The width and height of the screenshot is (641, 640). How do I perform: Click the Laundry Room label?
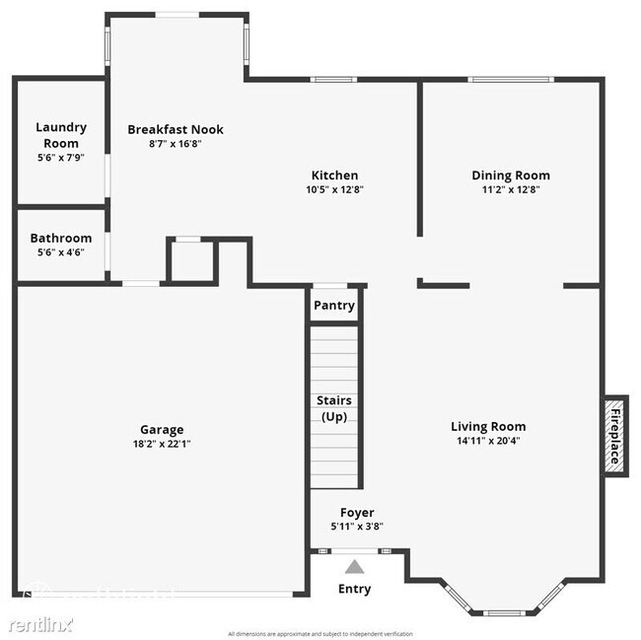click(61, 135)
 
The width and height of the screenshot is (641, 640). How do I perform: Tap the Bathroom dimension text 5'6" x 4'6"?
click(61, 252)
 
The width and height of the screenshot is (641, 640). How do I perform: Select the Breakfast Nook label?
click(176, 129)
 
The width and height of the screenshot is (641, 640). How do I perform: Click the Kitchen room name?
click(334, 176)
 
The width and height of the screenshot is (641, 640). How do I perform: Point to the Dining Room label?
click(510, 176)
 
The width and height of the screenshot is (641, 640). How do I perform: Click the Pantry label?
click(334, 306)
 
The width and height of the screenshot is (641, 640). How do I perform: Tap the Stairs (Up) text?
click(334, 408)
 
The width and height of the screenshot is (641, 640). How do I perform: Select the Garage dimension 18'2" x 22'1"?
click(161, 444)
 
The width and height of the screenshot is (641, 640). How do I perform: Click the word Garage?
click(161, 430)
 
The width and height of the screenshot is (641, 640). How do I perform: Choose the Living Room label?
click(488, 427)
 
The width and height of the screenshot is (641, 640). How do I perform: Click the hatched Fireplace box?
click(615, 435)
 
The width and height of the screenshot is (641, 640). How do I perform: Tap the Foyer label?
click(357, 513)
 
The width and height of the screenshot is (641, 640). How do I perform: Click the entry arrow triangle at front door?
click(354, 567)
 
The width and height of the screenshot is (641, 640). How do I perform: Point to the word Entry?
click(355, 590)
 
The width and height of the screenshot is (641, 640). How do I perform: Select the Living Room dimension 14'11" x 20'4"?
click(488, 441)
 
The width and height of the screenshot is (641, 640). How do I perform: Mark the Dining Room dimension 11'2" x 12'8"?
click(510, 189)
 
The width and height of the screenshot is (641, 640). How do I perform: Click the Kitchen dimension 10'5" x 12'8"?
click(334, 189)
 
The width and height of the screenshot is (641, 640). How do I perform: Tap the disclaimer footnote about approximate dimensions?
click(320, 633)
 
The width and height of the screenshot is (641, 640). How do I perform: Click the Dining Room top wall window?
click(510, 80)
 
